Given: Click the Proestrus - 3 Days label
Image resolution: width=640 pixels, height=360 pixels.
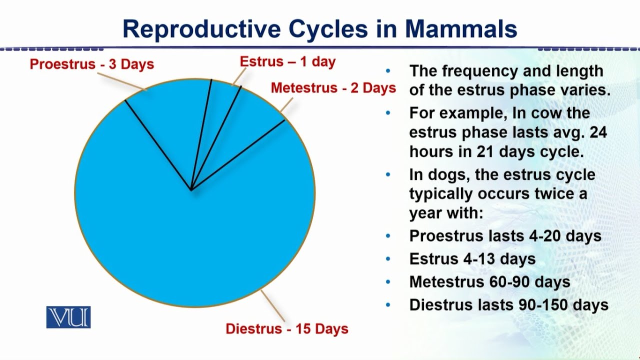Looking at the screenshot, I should coord(91,64).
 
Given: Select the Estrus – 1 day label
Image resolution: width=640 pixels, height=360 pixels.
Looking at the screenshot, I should coord(287,62).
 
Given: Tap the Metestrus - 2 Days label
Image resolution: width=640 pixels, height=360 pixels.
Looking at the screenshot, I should coord(333,88).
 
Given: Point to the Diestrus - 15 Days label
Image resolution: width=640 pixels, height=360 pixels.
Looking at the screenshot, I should coord(286,329).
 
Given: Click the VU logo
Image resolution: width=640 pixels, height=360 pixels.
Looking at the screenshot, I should coord(68,317).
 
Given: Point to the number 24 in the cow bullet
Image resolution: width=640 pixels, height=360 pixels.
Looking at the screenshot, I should coord(598,132).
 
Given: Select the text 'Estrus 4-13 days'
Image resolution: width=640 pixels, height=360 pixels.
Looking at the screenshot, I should coord(472,259).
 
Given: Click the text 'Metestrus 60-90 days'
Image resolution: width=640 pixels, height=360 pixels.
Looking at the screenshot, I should coord(489,282).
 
